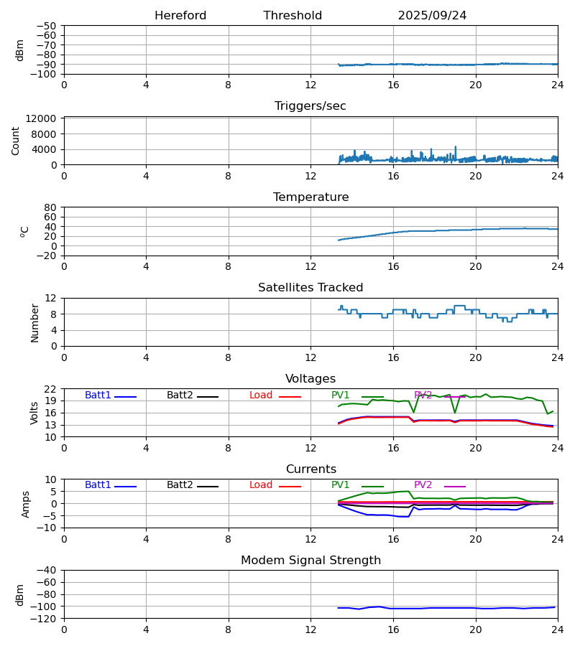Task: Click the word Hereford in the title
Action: [180, 16]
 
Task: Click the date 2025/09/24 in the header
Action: [432, 16]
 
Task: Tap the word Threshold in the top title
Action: [293, 16]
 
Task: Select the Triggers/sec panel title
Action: [310, 106]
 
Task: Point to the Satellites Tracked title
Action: [310, 288]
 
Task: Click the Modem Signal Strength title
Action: [310, 561]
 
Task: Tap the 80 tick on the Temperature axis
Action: [51, 207]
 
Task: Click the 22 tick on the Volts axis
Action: [51, 389]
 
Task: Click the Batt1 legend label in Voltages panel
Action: [98, 395]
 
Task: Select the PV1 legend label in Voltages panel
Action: [341, 395]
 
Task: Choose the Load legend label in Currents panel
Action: [261, 485]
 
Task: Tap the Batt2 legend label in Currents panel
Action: [180, 485]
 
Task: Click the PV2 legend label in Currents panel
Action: [423, 485]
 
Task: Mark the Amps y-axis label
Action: [26, 504]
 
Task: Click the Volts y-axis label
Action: [34, 413]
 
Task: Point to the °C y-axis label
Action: [25, 231]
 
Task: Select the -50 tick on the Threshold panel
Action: [47, 26]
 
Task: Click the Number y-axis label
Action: [34, 322]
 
